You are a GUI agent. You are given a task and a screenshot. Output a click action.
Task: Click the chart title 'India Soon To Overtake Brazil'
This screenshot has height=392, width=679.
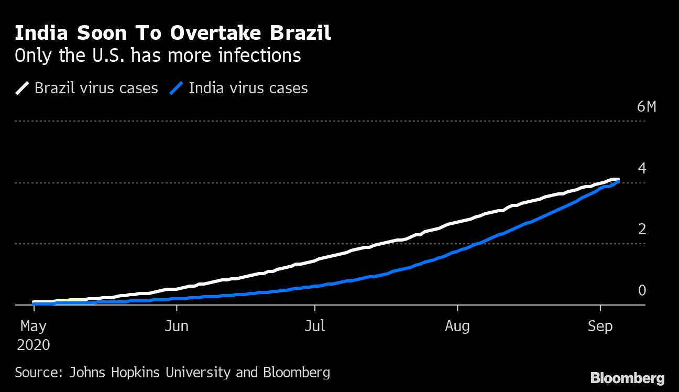pos(173,33)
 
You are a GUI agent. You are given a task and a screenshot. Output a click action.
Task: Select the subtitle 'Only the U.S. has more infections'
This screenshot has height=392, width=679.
pos(158,56)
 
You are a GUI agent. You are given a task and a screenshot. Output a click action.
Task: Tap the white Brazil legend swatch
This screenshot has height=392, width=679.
pos(22,88)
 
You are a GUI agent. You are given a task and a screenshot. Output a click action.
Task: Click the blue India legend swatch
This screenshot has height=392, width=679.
pos(176,88)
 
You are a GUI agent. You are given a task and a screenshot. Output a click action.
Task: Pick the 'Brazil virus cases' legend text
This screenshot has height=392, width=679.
pos(96,88)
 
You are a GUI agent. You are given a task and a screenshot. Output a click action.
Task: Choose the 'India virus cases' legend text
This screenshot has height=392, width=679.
pos(248,88)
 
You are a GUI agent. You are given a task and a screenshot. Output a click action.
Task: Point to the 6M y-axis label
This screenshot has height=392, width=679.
pos(646,107)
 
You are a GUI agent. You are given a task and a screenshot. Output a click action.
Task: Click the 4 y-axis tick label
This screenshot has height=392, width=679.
pos(642,169)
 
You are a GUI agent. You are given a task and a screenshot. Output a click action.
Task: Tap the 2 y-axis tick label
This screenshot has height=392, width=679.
pos(642,230)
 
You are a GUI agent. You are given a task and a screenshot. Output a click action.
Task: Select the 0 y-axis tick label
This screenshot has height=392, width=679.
pos(642,291)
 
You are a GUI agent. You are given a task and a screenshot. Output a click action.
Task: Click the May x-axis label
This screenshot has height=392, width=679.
pos(34,326)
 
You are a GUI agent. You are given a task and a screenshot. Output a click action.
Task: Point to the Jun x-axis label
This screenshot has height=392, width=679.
pos(177,326)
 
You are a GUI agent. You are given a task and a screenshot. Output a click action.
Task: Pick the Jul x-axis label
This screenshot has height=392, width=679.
pos(315,326)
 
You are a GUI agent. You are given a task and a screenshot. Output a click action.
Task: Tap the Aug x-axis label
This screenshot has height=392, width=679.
pos(457,326)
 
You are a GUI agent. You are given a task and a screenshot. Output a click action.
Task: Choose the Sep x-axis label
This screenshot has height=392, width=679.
pos(600,326)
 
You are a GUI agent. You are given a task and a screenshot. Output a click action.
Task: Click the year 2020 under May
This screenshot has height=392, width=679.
pos(34,345)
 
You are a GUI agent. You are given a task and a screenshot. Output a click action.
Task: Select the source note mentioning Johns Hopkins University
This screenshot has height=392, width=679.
pos(172,373)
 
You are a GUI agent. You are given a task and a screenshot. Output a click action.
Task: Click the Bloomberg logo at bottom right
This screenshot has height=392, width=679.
pos(627,378)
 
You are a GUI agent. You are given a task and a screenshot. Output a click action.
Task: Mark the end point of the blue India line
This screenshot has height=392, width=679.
pos(619,181)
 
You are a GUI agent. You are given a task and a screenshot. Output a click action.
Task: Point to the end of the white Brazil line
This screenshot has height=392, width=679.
pos(618,179)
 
